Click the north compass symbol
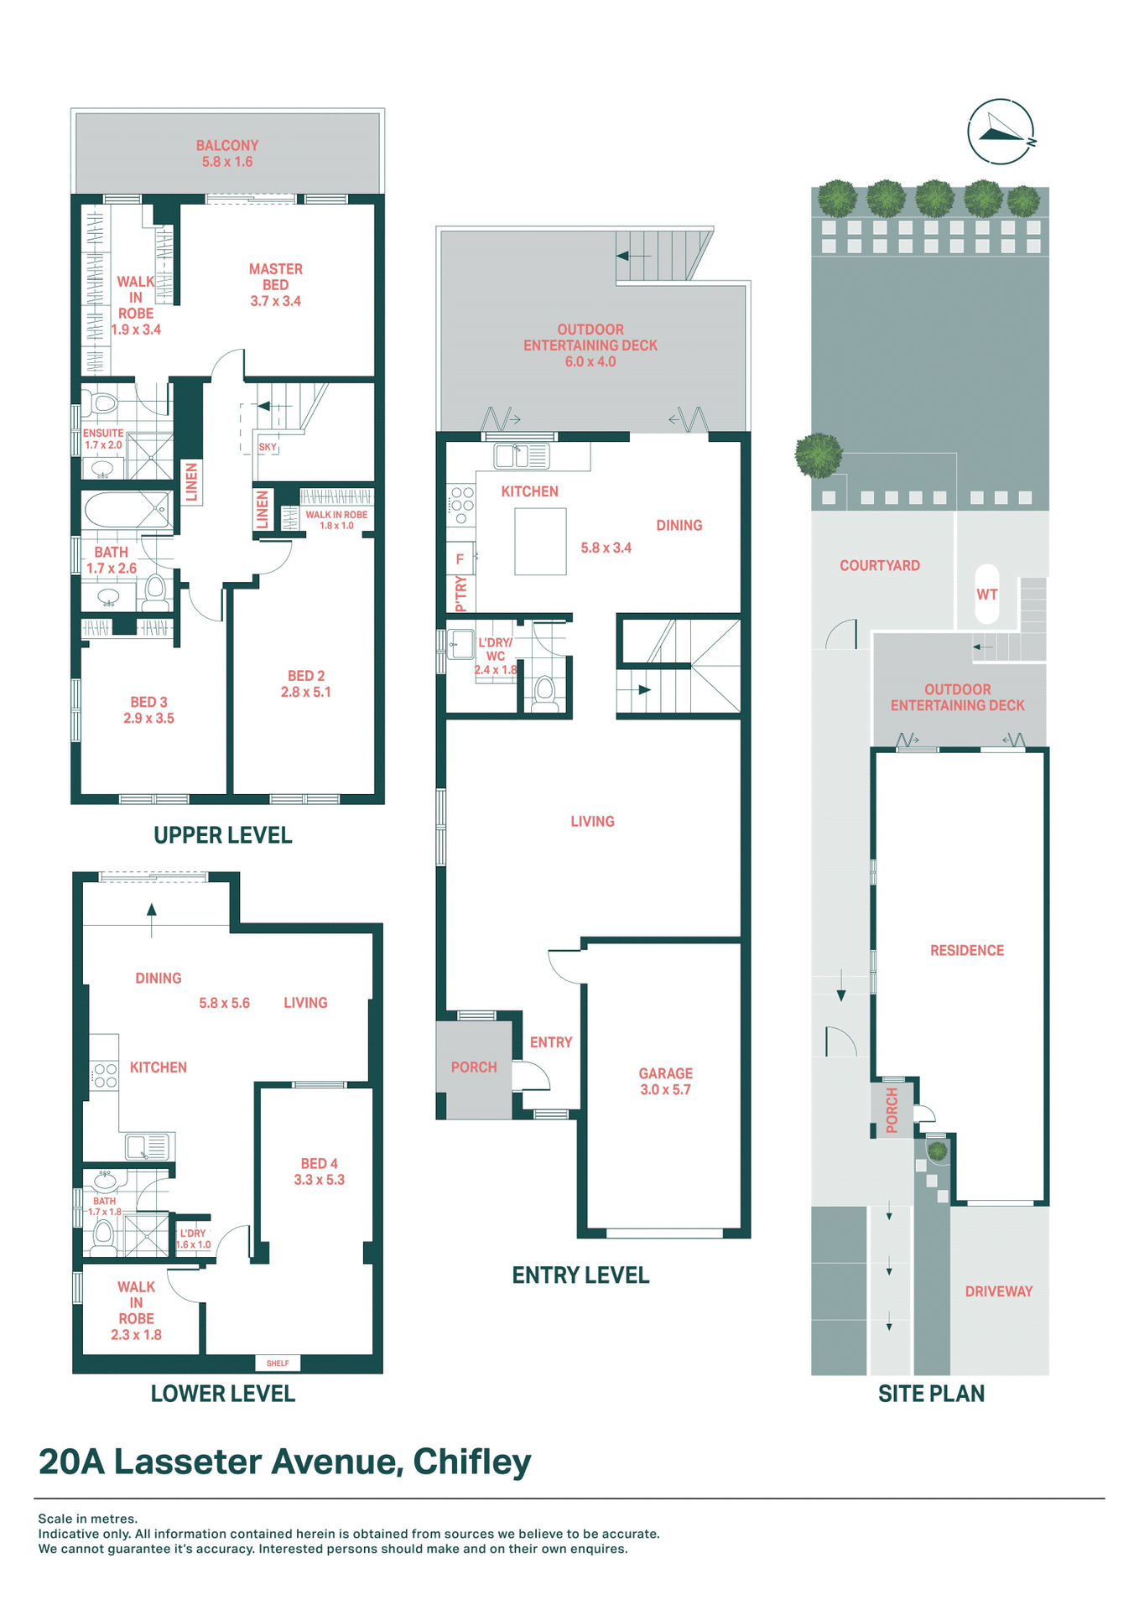[x=1000, y=132]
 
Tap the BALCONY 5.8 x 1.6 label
[x=227, y=153]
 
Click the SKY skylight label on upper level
[x=267, y=447]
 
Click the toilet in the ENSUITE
[x=104, y=403]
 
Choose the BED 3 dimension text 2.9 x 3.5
[x=148, y=719]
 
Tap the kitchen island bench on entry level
[x=540, y=542]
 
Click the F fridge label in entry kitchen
[x=460, y=559]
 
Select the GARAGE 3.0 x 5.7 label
[x=665, y=1082]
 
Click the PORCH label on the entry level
[x=474, y=1067]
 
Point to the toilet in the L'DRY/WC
[x=545, y=692]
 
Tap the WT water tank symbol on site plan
[x=987, y=595]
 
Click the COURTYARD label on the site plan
[x=880, y=566]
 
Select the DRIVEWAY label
[x=998, y=1291]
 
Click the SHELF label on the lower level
[x=278, y=1363]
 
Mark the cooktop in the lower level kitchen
[x=105, y=1076]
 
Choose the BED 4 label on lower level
[x=319, y=1171]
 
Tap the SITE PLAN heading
[x=931, y=1394]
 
